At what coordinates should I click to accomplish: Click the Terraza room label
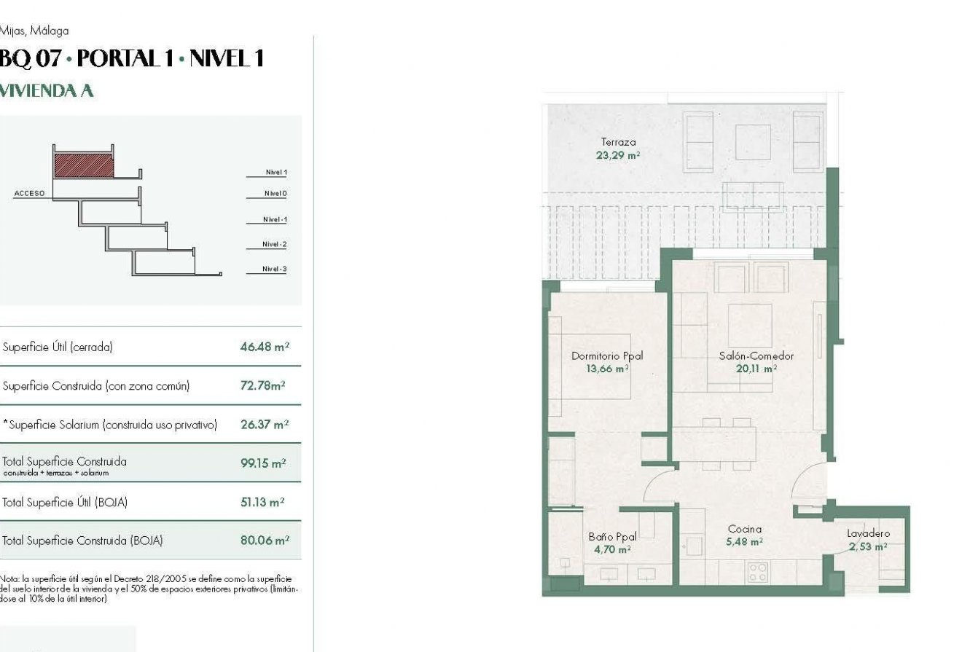tap(618, 142)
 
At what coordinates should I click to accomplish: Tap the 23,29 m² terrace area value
tap(618, 155)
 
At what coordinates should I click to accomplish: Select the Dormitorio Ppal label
tap(607, 356)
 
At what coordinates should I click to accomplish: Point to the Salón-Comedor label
tap(756, 356)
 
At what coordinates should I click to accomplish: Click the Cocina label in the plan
tap(744, 529)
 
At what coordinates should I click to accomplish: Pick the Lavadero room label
tap(868, 533)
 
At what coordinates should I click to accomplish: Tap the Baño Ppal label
tap(612, 537)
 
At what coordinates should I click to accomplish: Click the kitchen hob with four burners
tap(757, 571)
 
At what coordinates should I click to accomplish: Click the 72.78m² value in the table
tap(263, 385)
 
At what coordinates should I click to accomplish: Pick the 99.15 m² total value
tap(263, 463)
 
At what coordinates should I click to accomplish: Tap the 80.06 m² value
tap(265, 541)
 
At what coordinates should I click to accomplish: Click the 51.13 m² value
tap(262, 502)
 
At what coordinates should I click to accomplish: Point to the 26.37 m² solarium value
tap(265, 424)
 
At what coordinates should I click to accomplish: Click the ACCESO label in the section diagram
tap(29, 194)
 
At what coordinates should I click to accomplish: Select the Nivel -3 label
tap(275, 270)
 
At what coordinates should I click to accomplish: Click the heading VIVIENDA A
tap(47, 91)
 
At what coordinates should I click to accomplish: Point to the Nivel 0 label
tap(275, 194)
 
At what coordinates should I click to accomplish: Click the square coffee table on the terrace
tap(752, 142)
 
